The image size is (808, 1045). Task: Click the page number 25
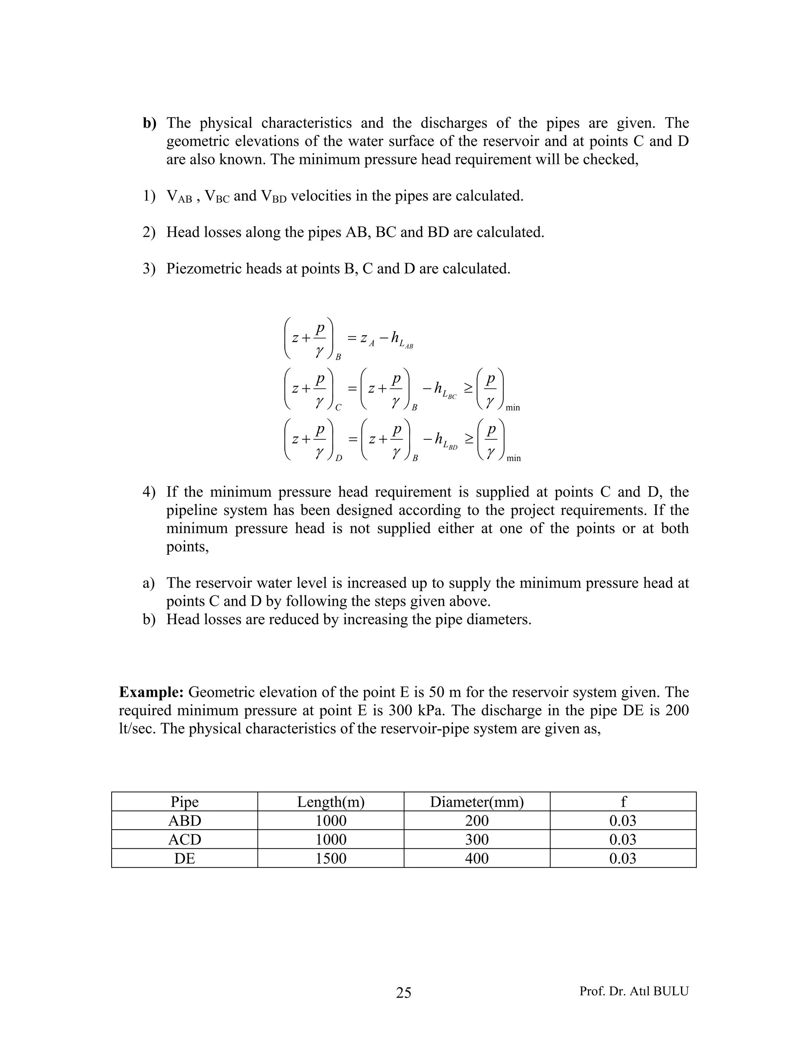pyautogui.click(x=404, y=993)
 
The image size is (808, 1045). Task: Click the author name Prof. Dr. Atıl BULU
pyautogui.click(x=634, y=991)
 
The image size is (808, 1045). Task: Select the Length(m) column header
pyautogui.click(x=331, y=801)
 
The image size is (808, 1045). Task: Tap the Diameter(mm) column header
pyautogui.click(x=477, y=801)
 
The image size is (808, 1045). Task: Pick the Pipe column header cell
pyautogui.click(x=184, y=801)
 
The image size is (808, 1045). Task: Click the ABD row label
pyautogui.click(x=184, y=821)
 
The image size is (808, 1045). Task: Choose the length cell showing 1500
pyautogui.click(x=331, y=858)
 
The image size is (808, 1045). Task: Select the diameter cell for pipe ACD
pyautogui.click(x=477, y=839)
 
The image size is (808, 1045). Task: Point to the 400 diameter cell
pyautogui.click(x=477, y=858)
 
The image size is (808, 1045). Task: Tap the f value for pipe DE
pyautogui.click(x=623, y=858)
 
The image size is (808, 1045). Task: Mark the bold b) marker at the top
pyautogui.click(x=150, y=123)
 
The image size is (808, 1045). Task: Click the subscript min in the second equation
pyautogui.click(x=512, y=408)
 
